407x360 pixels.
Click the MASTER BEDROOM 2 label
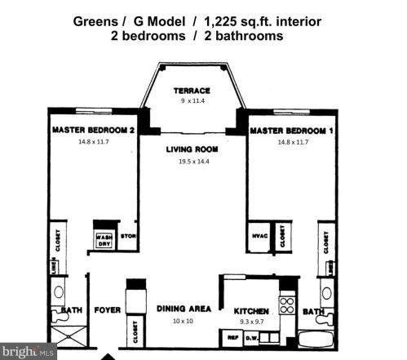pyautogui.click(x=93, y=130)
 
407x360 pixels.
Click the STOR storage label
pyautogui.click(x=128, y=237)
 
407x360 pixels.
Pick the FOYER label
pyautogui.click(x=107, y=309)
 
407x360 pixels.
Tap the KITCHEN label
pyautogui.click(x=252, y=311)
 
